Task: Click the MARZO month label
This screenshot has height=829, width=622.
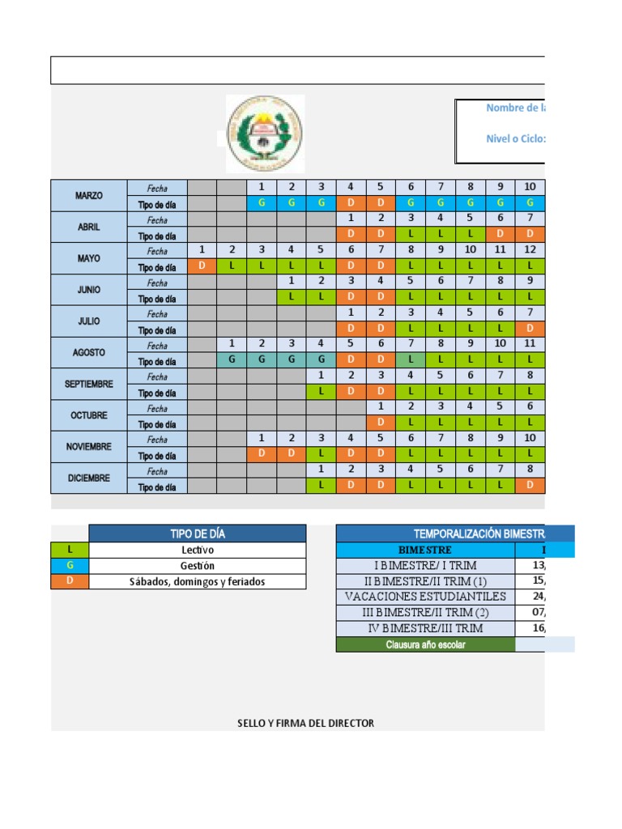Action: point(89,196)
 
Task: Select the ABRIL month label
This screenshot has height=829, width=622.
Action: point(89,227)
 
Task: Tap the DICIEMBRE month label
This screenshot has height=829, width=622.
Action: point(89,478)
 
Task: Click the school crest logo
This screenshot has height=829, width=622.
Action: point(265,134)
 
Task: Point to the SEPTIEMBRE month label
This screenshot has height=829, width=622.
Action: point(89,384)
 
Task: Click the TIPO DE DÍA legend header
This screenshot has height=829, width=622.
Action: point(198,534)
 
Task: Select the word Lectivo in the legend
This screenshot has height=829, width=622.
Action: point(198,550)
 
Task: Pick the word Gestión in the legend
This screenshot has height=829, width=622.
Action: point(198,566)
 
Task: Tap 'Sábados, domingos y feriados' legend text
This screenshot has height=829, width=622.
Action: point(198,581)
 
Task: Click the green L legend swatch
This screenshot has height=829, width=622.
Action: point(70,550)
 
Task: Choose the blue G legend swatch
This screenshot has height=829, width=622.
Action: point(70,566)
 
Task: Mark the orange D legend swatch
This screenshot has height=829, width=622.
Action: point(70,581)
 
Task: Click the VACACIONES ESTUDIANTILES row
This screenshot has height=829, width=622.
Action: point(425,597)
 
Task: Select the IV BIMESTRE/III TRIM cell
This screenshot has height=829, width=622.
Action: point(425,628)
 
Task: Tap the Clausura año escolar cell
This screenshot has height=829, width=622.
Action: point(425,644)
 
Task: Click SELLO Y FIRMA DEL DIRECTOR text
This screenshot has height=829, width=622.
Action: point(306,723)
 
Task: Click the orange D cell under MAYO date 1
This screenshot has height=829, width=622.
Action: point(202,266)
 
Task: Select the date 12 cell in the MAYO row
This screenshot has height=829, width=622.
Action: point(530,250)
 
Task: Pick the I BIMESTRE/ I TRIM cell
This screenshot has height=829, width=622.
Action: point(425,565)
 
